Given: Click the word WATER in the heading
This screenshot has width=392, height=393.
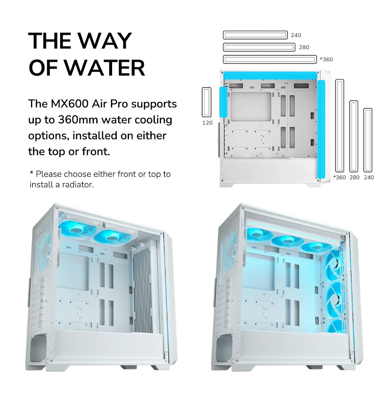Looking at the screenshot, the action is [x=105, y=68].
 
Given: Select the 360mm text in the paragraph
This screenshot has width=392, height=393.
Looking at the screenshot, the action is [x=78, y=120].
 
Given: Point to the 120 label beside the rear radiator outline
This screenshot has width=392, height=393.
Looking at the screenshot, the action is [x=207, y=123].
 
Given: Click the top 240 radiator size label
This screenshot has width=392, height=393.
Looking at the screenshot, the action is [x=296, y=35].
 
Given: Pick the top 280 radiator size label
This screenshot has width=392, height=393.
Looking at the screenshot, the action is [x=304, y=47].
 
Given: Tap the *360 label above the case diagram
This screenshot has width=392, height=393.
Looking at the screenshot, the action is [x=326, y=59].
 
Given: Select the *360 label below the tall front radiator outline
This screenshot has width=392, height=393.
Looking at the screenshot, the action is [x=339, y=177].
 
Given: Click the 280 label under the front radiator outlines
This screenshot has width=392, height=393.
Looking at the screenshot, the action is [x=355, y=177].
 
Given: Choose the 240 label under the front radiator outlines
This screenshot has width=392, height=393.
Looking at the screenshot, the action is [x=369, y=177].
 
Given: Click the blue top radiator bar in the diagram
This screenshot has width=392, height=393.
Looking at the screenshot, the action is [x=270, y=75].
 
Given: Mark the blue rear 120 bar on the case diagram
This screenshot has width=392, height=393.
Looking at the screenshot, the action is [x=223, y=102].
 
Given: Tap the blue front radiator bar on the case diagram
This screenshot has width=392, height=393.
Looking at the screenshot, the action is [x=321, y=129].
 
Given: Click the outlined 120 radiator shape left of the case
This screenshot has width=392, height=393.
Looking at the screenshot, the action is [x=207, y=102].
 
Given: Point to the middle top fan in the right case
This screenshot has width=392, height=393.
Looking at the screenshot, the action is [x=286, y=241].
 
